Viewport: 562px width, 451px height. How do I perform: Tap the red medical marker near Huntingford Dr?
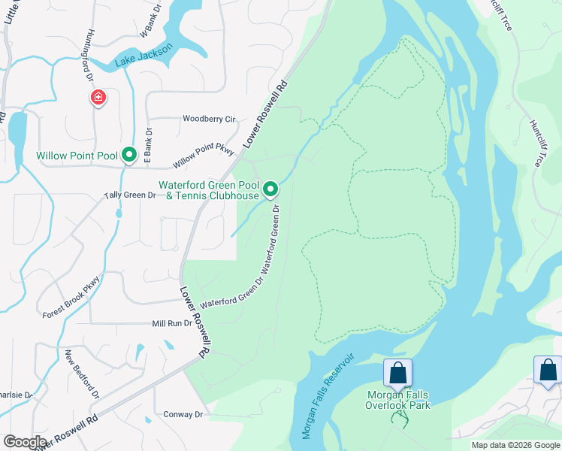98,98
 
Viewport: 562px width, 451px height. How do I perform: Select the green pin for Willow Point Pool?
129,155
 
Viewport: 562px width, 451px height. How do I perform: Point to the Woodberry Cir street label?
209,119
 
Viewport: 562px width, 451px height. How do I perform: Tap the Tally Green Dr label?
129,195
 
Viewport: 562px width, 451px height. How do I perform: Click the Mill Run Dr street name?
172,323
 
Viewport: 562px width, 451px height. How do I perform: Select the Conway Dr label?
183,414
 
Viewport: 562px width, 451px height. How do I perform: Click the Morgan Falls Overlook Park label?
397,399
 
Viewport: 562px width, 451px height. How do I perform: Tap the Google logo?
25,442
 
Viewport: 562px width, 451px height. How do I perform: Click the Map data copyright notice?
515,445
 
